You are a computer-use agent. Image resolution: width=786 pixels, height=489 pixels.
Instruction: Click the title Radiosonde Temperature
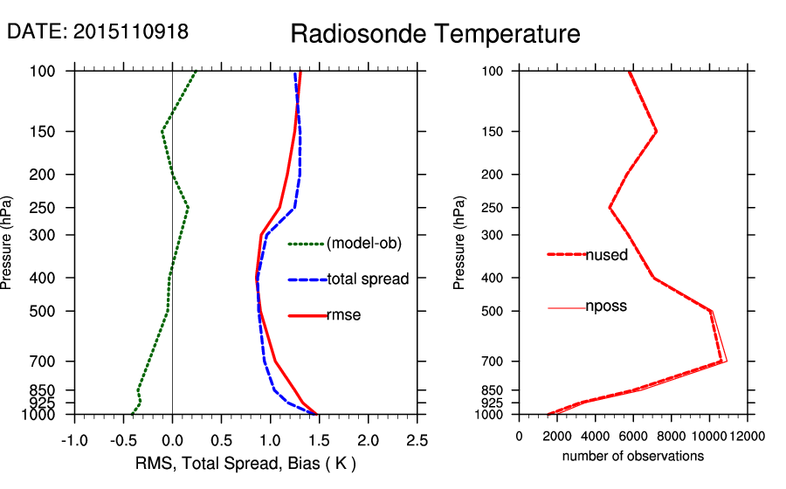pos(434,34)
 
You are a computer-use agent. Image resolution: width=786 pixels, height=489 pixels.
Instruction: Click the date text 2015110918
pos(131,31)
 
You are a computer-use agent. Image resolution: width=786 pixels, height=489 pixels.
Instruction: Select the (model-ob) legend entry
pos(363,244)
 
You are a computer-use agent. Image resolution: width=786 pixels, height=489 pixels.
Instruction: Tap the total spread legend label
pos(368,279)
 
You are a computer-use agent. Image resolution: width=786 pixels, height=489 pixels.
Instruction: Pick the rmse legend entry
pos(343,315)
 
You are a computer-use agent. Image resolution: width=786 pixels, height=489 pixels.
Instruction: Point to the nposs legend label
pos(606,306)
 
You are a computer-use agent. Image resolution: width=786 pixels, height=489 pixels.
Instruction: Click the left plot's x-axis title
pos(245,462)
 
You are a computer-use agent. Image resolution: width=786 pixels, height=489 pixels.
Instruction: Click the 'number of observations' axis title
pos(633,456)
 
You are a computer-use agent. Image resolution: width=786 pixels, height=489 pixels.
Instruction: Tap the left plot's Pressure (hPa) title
pos(8,242)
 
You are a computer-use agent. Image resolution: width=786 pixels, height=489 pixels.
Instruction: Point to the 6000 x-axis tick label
pos(633,436)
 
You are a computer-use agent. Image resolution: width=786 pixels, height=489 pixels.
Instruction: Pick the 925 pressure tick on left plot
pos(54,403)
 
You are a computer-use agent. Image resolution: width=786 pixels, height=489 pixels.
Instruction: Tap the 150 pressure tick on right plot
pos(493,132)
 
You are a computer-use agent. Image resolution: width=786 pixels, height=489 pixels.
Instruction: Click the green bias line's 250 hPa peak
pos(188,208)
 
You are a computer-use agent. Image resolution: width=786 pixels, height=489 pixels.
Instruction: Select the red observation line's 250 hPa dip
pos(610,208)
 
